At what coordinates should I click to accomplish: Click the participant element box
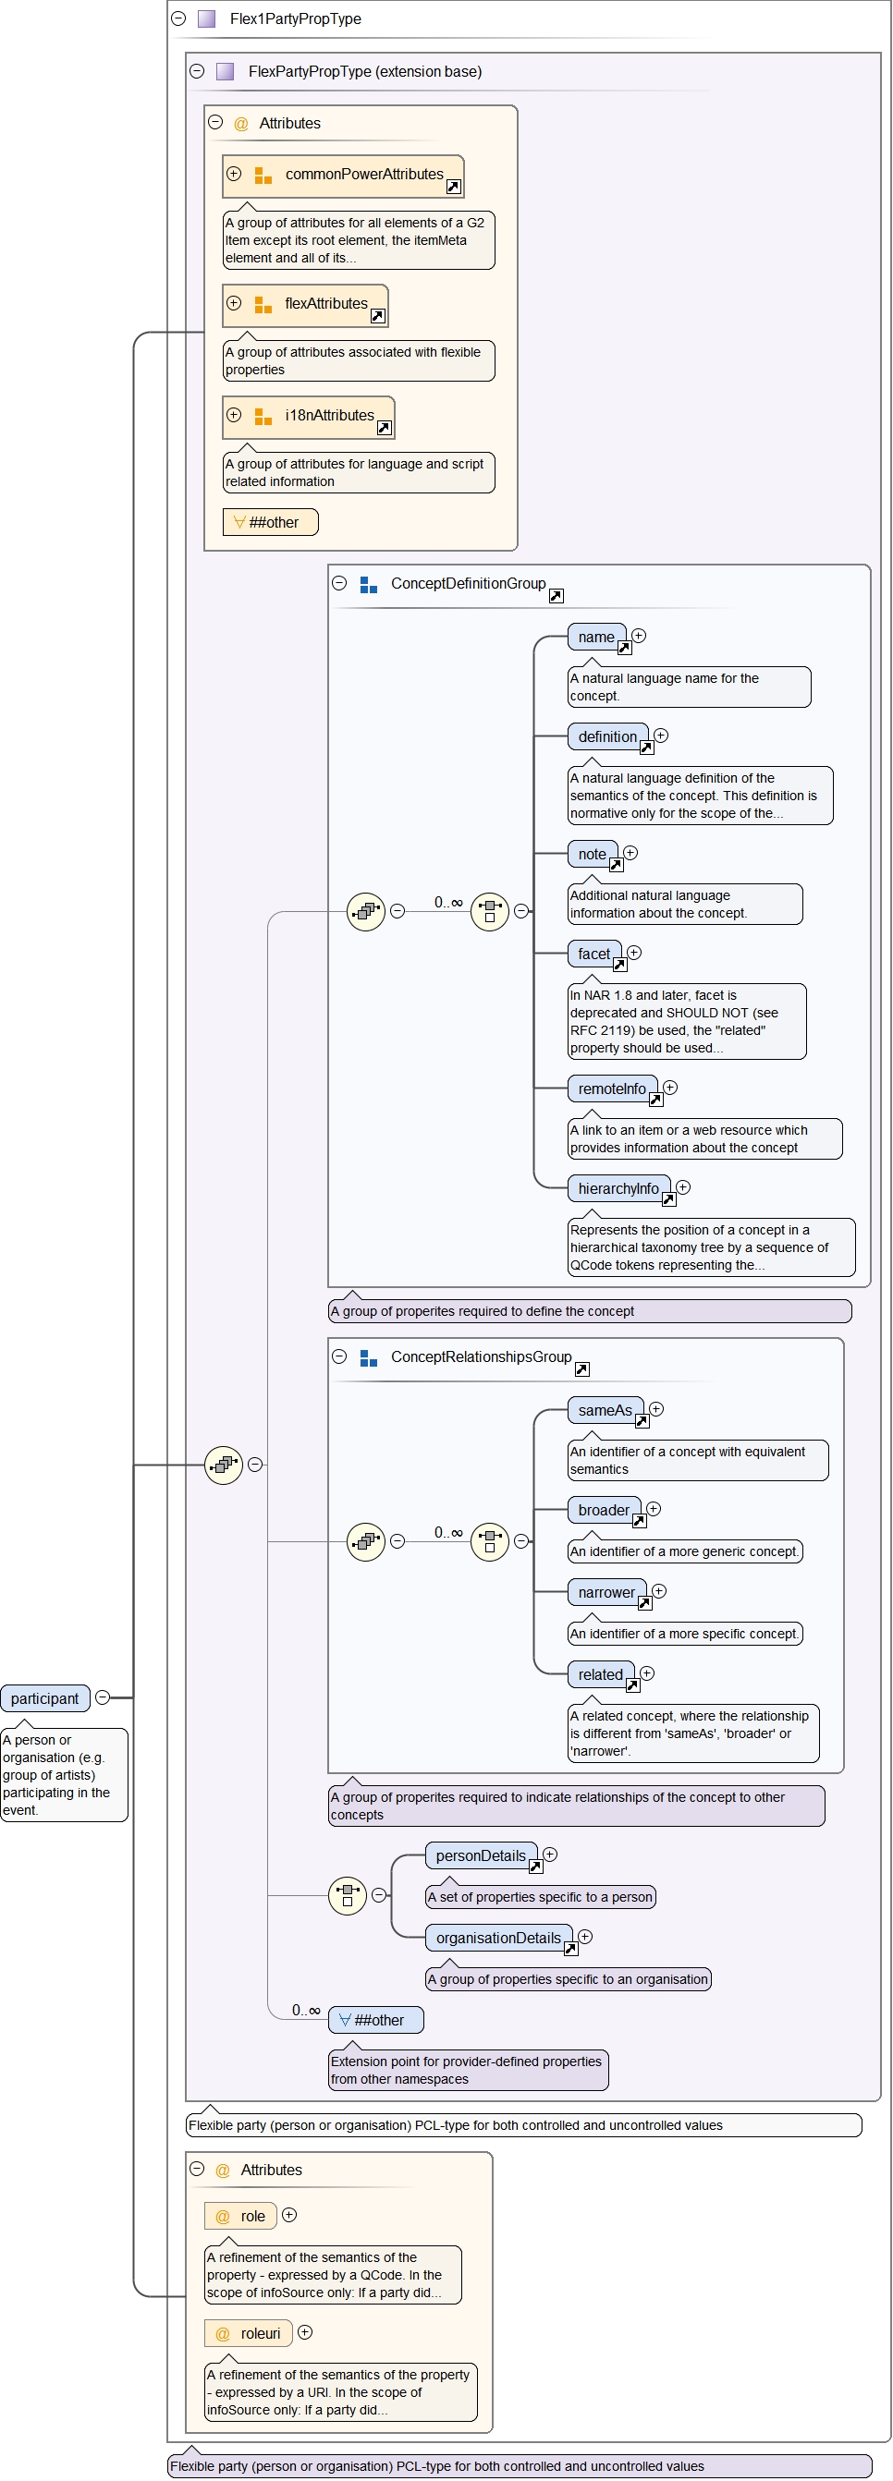click(x=45, y=1698)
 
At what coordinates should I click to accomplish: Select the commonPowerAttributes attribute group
click(x=343, y=176)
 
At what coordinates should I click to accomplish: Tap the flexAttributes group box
click(x=305, y=304)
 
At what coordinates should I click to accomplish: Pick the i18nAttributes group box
click(x=308, y=416)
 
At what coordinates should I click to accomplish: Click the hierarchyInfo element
click(x=618, y=1188)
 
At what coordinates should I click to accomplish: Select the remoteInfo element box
click(x=611, y=1088)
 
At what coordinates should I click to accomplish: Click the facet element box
click(x=593, y=954)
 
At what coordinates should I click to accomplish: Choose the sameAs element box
click(x=605, y=1410)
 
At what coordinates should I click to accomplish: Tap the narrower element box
click(x=606, y=1592)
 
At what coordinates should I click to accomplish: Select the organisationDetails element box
click(x=497, y=1937)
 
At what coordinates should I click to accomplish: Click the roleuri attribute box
click(x=249, y=2332)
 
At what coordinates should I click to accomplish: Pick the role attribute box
click(x=241, y=2215)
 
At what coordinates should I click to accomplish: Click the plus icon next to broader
click(x=654, y=1508)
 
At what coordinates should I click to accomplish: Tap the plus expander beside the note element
click(x=630, y=852)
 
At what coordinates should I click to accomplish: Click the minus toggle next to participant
click(x=102, y=1697)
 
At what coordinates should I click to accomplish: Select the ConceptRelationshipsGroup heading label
click(x=481, y=1356)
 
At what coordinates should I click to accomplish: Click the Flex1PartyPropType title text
click(x=295, y=18)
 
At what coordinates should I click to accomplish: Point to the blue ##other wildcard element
click(x=375, y=2020)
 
